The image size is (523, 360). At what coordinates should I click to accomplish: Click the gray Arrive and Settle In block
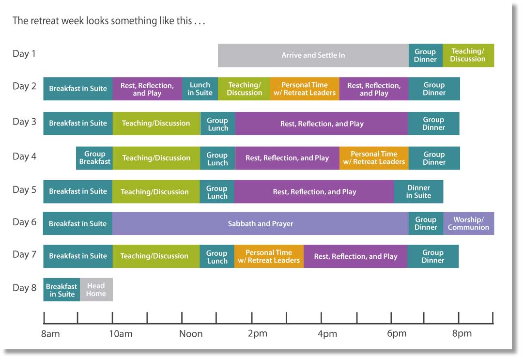[x=313, y=55]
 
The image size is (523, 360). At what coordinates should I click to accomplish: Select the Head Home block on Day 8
[x=96, y=290]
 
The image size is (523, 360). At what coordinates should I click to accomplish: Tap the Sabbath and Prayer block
[x=261, y=223]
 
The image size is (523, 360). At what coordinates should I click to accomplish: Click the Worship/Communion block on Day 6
[x=469, y=223]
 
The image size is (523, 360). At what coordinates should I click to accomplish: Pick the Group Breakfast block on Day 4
[x=94, y=158]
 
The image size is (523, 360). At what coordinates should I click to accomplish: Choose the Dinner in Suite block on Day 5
[x=418, y=191]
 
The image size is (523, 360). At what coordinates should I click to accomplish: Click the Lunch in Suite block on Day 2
[x=200, y=89]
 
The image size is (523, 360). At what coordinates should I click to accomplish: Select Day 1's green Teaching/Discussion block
[x=468, y=55]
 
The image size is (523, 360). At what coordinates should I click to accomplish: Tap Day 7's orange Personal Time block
[x=269, y=256]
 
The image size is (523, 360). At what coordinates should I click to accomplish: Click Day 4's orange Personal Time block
[x=374, y=158]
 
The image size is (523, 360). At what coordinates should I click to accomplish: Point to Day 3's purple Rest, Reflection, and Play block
[x=322, y=124]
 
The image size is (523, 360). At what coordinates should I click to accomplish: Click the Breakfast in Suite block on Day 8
[x=62, y=290]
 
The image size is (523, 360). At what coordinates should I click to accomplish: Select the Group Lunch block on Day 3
[x=217, y=124]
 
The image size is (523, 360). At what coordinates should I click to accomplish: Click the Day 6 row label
[x=24, y=222]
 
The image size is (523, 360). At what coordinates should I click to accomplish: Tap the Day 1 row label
[x=24, y=54]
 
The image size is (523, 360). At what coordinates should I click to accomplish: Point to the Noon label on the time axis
[x=191, y=334]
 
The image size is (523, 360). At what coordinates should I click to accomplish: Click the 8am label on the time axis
[x=50, y=334]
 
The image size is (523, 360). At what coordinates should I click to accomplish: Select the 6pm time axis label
[x=397, y=334]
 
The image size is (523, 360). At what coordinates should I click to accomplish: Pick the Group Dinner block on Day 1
[x=426, y=55]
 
